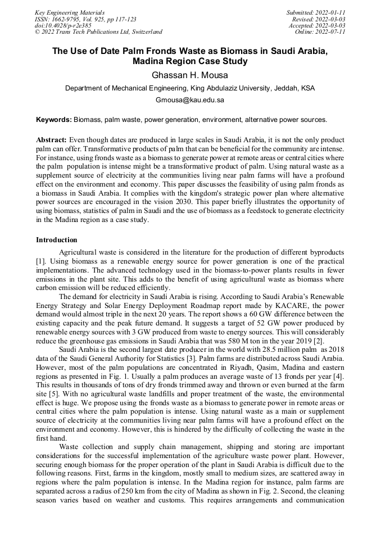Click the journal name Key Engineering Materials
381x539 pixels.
point(70,12)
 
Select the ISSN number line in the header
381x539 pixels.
point(85,19)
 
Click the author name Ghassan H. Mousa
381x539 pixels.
point(190,75)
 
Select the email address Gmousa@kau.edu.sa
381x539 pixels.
point(190,100)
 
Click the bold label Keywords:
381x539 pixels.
point(54,120)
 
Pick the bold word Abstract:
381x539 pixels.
point(52,139)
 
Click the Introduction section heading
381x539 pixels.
point(57,240)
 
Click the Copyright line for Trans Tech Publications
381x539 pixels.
point(98,32)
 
